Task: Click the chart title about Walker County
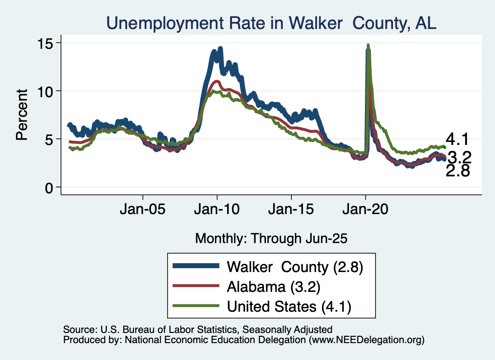pos(271,22)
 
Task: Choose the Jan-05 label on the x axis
pos(143,211)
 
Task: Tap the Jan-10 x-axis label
pos(217,211)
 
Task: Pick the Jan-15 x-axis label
pos(291,211)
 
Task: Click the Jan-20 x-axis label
pos(365,211)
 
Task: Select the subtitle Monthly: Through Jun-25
pos(271,238)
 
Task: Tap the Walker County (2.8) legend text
pos(295,266)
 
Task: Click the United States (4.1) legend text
pos(289,306)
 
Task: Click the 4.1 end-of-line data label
pos(457,140)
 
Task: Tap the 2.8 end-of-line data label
pos(457,171)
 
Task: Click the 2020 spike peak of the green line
pos(368,45)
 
